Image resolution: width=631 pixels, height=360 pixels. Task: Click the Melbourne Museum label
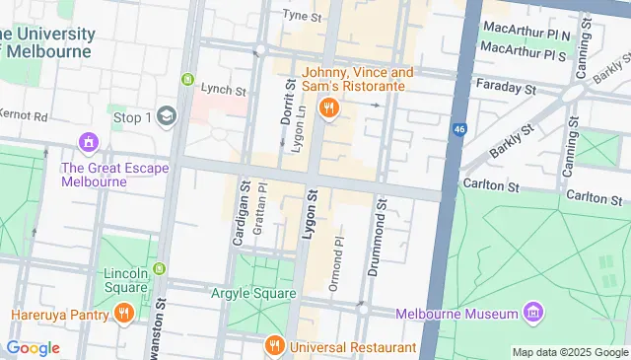pyautogui.click(x=457, y=314)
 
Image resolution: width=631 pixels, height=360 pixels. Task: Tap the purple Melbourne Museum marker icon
pyautogui.click(x=533, y=313)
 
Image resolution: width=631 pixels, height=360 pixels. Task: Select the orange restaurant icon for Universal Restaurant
pyautogui.click(x=275, y=346)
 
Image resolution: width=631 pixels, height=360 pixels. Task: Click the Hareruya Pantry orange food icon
pyautogui.click(x=123, y=315)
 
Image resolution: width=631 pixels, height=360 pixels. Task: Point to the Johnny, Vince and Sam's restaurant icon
pyautogui.click(x=329, y=108)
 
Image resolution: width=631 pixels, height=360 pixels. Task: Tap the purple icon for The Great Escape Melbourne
pyautogui.click(x=89, y=142)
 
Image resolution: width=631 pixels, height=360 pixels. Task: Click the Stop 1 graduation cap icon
pyautogui.click(x=166, y=116)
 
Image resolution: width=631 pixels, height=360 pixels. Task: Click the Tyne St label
pyautogui.click(x=303, y=16)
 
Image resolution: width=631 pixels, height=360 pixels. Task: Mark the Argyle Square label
pyautogui.click(x=253, y=293)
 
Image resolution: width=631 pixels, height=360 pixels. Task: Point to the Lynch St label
pyautogui.click(x=223, y=90)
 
